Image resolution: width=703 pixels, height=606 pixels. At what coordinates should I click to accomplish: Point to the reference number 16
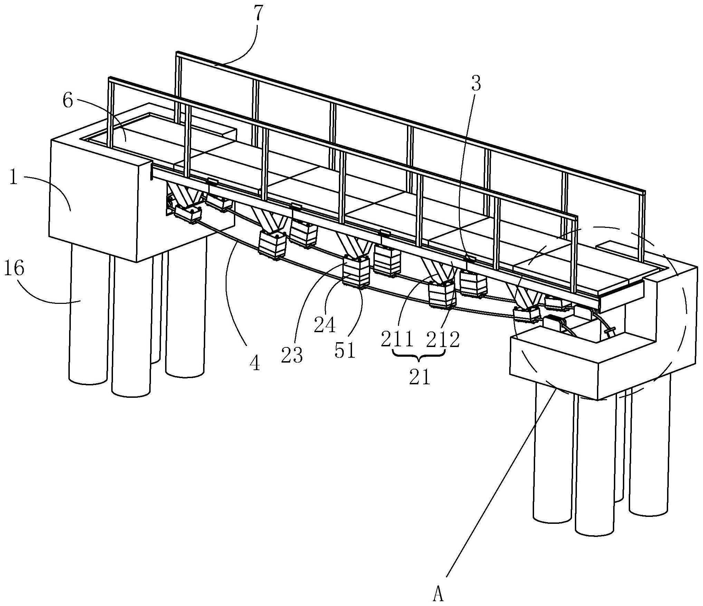pyautogui.click(x=14, y=269)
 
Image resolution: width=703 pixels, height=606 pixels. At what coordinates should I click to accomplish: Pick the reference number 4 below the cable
pyautogui.click(x=255, y=363)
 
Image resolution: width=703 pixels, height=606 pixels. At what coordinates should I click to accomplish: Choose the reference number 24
pyautogui.click(x=325, y=325)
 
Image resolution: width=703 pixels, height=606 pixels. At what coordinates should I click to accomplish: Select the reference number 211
pyautogui.click(x=397, y=339)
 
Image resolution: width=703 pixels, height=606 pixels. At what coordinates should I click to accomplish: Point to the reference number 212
pyautogui.click(x=443, y=339)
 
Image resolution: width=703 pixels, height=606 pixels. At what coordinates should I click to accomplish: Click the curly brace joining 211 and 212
pyautogui.click(x=419, y=356)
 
